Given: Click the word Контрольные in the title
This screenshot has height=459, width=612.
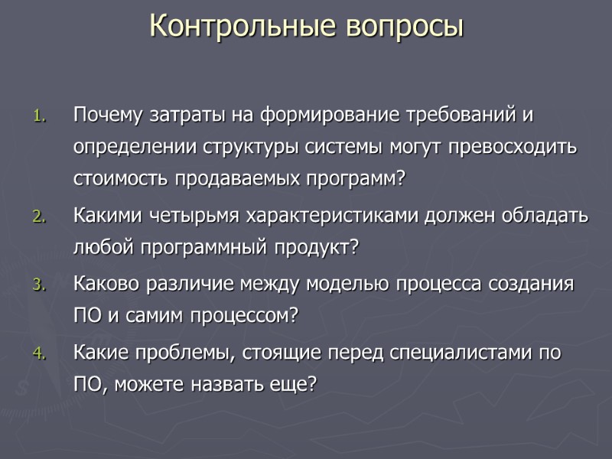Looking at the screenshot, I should click(x=244, y=25).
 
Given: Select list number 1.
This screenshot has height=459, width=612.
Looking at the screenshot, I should click(x=40, y=117).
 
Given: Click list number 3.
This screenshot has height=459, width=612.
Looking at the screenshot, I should click(x=40, y=286).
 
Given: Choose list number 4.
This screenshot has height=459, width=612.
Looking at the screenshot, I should click(x=40, y=355).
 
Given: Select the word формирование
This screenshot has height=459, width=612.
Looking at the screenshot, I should click(x=319, y=116).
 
